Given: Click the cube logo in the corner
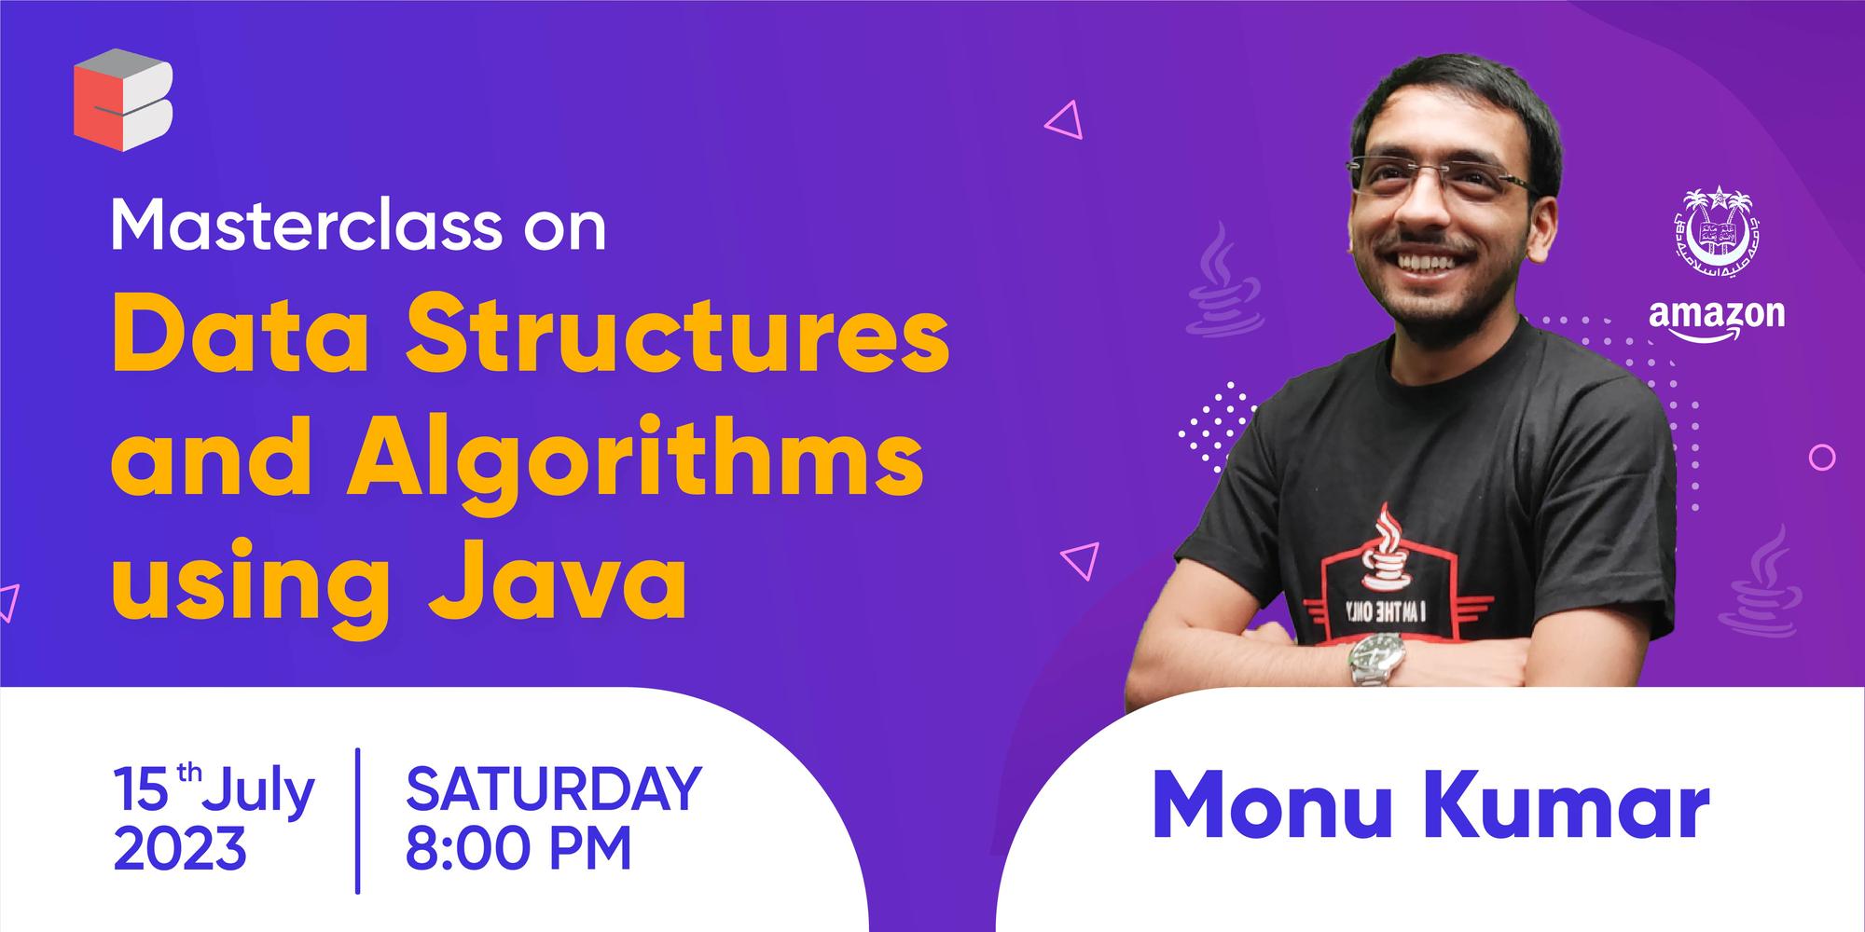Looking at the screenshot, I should pos(123,100).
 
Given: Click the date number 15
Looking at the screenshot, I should pos(141,790).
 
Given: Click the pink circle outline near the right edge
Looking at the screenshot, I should pos(1821,457).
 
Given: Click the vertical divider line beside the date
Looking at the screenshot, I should pos(358,820).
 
